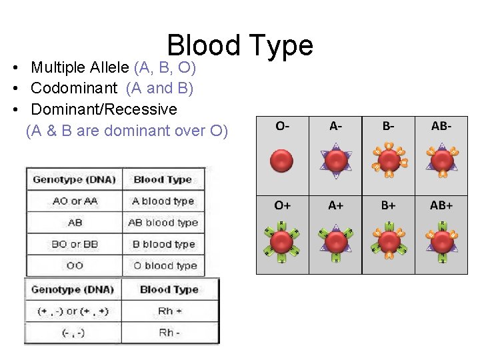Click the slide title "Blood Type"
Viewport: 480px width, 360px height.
240,45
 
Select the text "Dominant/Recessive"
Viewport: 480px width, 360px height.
104,109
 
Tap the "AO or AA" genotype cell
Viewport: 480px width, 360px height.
75,201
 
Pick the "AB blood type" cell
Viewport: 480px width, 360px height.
163,223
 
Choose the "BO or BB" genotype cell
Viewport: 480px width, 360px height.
75,244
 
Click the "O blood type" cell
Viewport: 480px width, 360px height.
163,265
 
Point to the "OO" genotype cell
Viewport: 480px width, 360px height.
75,265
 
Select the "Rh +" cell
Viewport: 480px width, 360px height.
169,311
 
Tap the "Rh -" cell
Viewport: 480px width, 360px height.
169,333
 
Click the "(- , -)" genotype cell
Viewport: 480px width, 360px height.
73,333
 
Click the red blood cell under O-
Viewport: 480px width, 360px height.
283,161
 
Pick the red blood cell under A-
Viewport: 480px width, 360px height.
335,161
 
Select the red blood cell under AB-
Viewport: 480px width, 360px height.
441,161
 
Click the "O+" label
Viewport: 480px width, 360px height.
283,205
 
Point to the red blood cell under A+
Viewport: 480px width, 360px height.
335,240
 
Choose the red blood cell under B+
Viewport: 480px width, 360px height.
389,240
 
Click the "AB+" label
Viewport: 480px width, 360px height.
441,205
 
